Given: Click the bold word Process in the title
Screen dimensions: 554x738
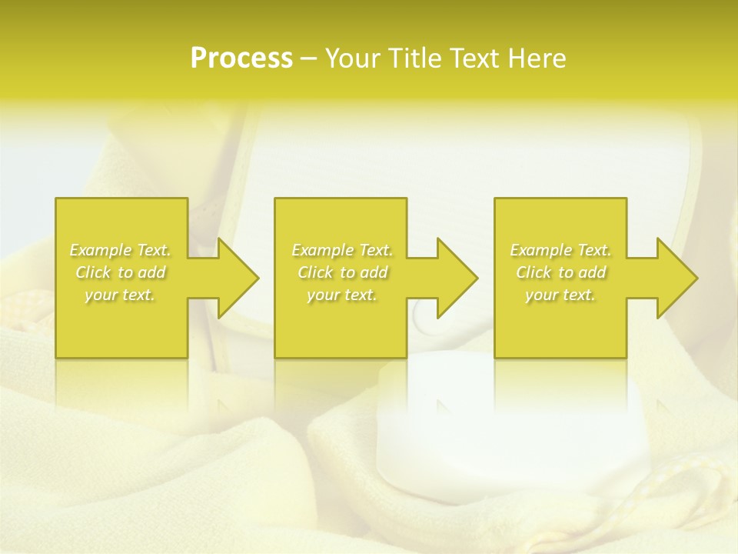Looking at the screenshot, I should [x=241, y=58].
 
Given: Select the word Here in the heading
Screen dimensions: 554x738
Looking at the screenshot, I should [x=536, y=58].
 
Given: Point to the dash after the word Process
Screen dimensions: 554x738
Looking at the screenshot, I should [x=309, y=59].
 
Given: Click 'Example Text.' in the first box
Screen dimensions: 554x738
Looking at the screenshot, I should [x=120, y=249].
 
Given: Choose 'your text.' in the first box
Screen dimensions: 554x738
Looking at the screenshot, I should [x=120, y=295].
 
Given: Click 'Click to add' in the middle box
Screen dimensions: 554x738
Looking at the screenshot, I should [x=342, y=272].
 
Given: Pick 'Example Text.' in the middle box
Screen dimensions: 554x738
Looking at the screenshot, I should [x=342, y=249].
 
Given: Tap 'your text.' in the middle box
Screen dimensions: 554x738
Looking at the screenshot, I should [x=342, y=295].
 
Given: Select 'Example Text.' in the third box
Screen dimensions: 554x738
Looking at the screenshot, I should [x=560, y=249].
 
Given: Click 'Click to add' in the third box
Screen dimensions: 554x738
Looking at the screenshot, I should [x=560, y=272].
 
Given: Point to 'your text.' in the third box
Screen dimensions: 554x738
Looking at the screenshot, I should [x=560, y=295].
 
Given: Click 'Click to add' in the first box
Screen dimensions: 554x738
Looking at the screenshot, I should [x=120, y=272].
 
